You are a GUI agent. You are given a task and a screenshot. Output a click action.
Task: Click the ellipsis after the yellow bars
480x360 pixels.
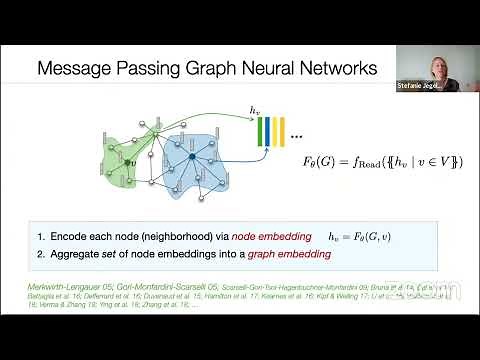299,134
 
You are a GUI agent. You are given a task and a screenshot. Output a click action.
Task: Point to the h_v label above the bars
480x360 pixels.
256,109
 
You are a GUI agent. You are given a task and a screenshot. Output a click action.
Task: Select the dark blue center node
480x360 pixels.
191,155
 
